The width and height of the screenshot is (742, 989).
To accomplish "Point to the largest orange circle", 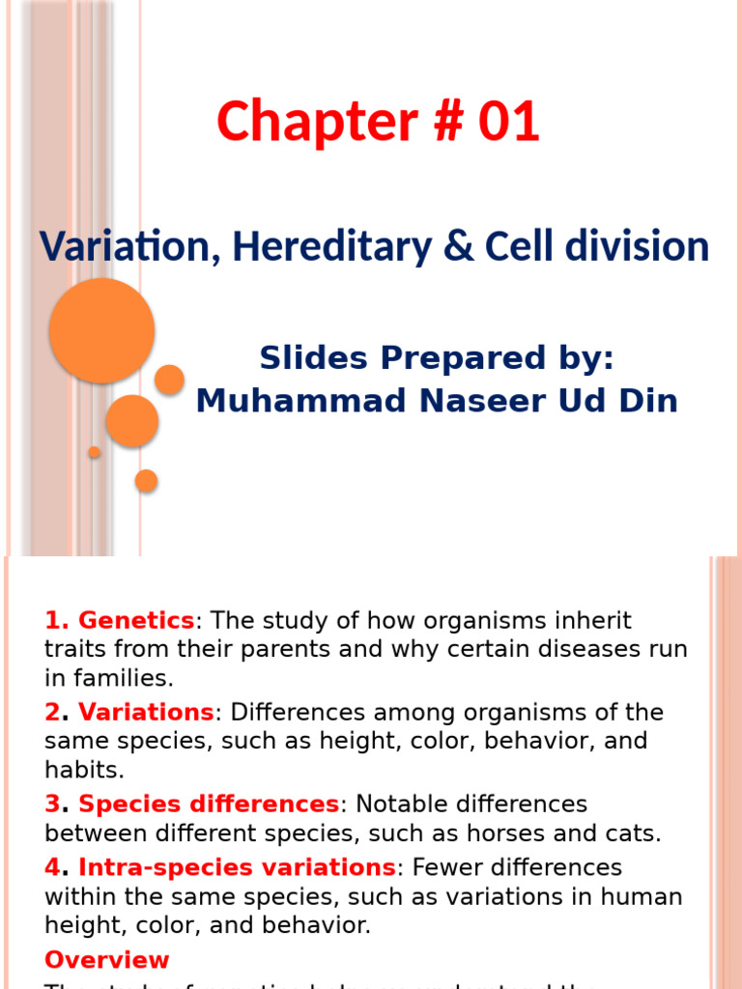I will [101, 330].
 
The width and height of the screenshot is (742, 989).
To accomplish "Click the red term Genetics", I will [136, 620].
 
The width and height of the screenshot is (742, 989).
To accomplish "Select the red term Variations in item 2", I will [145, 713].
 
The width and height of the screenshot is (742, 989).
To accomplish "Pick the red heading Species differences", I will [209, 805].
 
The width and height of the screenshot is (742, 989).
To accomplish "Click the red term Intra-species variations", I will [237, 867].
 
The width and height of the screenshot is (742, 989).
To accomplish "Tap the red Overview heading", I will [106, 960].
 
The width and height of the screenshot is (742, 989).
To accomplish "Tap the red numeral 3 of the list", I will [52, 805].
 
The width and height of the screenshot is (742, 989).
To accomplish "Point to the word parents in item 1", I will [311, 649].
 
